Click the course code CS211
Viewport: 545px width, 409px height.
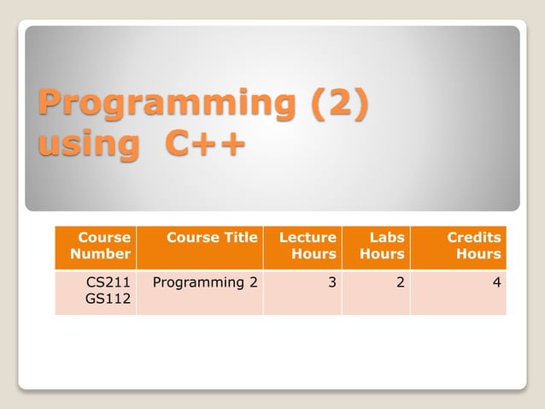108,282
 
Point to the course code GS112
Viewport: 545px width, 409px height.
108,299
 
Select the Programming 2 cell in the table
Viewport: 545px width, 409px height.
204,282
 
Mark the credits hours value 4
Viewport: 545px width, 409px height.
496,282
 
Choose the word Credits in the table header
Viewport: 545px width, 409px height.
474,238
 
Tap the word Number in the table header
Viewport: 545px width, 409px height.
101,254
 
